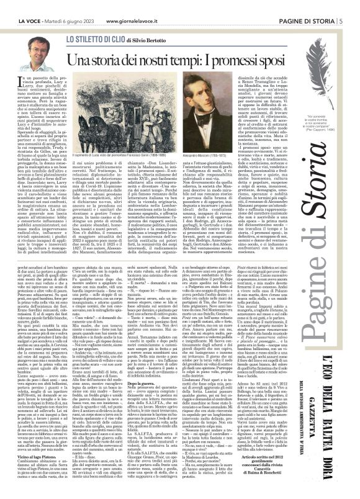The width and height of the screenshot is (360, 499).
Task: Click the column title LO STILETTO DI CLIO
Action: pos(93,39)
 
